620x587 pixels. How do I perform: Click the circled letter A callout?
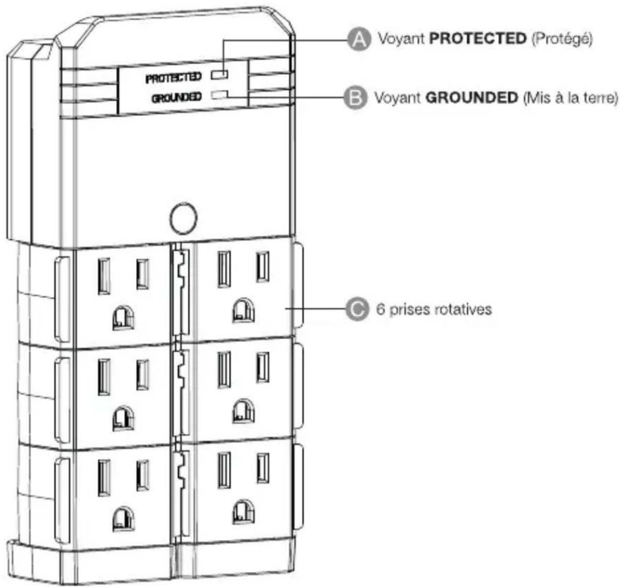tap(359, 39)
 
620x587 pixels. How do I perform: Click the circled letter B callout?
tap(355, 97)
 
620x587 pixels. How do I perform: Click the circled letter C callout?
tap(357, 309)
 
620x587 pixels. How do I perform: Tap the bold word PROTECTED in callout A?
tap(478, 38)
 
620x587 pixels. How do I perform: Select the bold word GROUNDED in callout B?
tap(471, 97)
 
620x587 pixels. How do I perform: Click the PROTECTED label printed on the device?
tap(174, 77)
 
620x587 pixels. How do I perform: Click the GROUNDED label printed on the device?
tap(177, 97)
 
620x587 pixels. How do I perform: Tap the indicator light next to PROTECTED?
tap(219, 74)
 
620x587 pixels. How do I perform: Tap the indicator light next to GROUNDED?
tap(219, 94)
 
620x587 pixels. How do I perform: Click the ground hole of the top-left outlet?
tap(123, 318)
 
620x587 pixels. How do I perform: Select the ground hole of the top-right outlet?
tap(243, 310)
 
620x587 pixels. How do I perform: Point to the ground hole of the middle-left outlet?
tap(123, 419)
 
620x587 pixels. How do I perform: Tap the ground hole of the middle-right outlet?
tap(243, 411)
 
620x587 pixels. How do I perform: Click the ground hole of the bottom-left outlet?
tap(123, 519)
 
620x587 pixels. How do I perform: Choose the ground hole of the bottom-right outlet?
tap(243, 512)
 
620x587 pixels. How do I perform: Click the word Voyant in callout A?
tap(401, 39)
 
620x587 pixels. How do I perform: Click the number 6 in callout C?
tap(381, 309)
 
